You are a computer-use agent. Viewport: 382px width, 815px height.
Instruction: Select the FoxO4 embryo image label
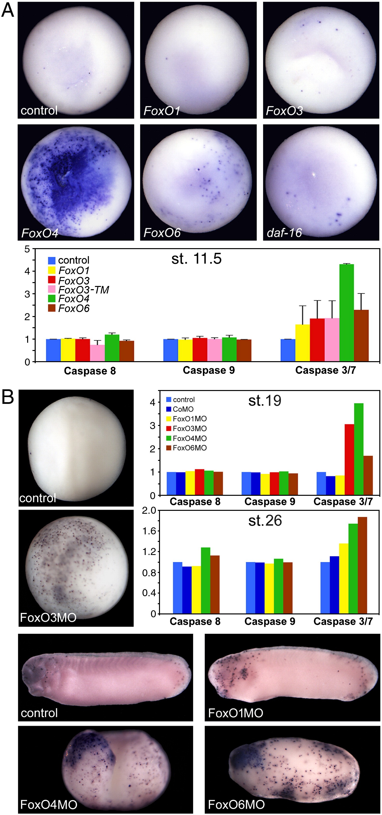point(40,233)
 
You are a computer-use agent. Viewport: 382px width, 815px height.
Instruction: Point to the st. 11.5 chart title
point(196,259)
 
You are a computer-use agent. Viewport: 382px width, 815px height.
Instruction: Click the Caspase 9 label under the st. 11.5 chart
point(209,370)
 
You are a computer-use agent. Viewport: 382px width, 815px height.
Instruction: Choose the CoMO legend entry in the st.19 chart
point(183,409)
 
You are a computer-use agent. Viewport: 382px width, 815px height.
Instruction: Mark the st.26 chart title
point(265,521)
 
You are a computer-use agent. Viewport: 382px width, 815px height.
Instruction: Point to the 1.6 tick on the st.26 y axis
point(149,531)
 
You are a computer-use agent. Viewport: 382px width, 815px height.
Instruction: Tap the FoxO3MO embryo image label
point(48,617)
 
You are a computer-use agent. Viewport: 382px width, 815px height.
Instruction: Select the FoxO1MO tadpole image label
point(236,713)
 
